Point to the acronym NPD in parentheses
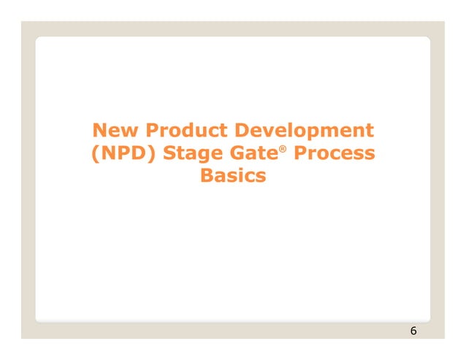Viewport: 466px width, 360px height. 119,155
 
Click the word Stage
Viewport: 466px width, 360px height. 186,156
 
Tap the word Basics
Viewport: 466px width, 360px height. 233,177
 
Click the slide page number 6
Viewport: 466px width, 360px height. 413,332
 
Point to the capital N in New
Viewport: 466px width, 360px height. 99,131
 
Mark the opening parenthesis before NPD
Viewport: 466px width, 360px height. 93,156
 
